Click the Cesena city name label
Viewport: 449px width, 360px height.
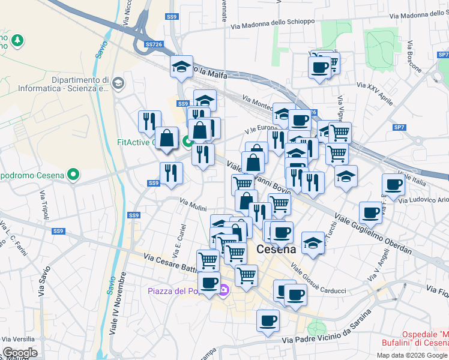point(276,249)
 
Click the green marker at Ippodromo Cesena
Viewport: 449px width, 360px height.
point(73,175)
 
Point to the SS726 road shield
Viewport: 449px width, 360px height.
point(154,44)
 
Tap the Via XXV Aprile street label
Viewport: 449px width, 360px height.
point(375,94)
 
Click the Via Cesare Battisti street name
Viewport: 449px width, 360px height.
point(170,262)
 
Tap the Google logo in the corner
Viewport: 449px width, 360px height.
point(20,353)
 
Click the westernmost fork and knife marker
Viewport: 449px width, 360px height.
point(149,120)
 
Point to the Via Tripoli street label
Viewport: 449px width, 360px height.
point(44,205)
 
